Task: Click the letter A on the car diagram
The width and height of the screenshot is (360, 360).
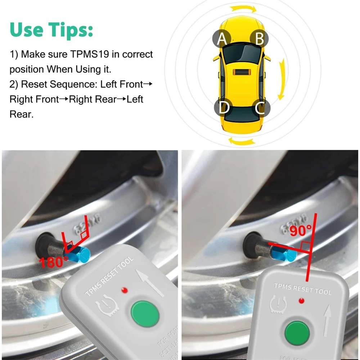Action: point(222,39)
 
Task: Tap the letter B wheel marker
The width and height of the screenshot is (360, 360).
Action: point(259,39)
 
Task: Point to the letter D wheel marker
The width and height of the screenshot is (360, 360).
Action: point(223,108)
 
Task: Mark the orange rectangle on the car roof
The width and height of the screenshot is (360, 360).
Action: point(242,71)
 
